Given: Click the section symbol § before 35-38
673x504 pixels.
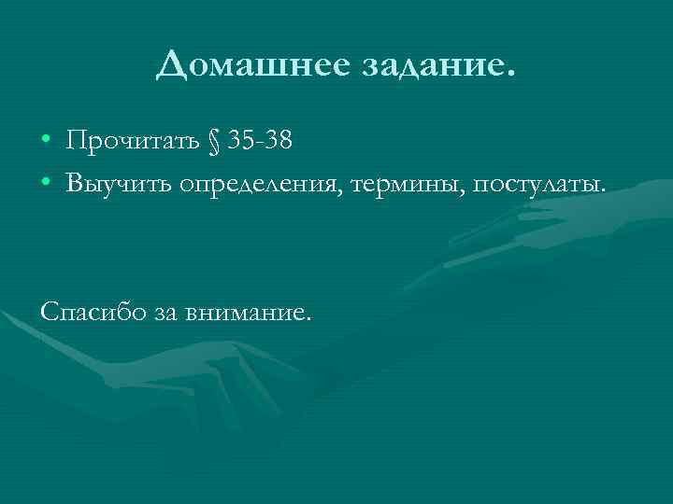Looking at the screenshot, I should tap(213, 143).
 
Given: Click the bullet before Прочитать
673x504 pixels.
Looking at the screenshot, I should tap(46, 143).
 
